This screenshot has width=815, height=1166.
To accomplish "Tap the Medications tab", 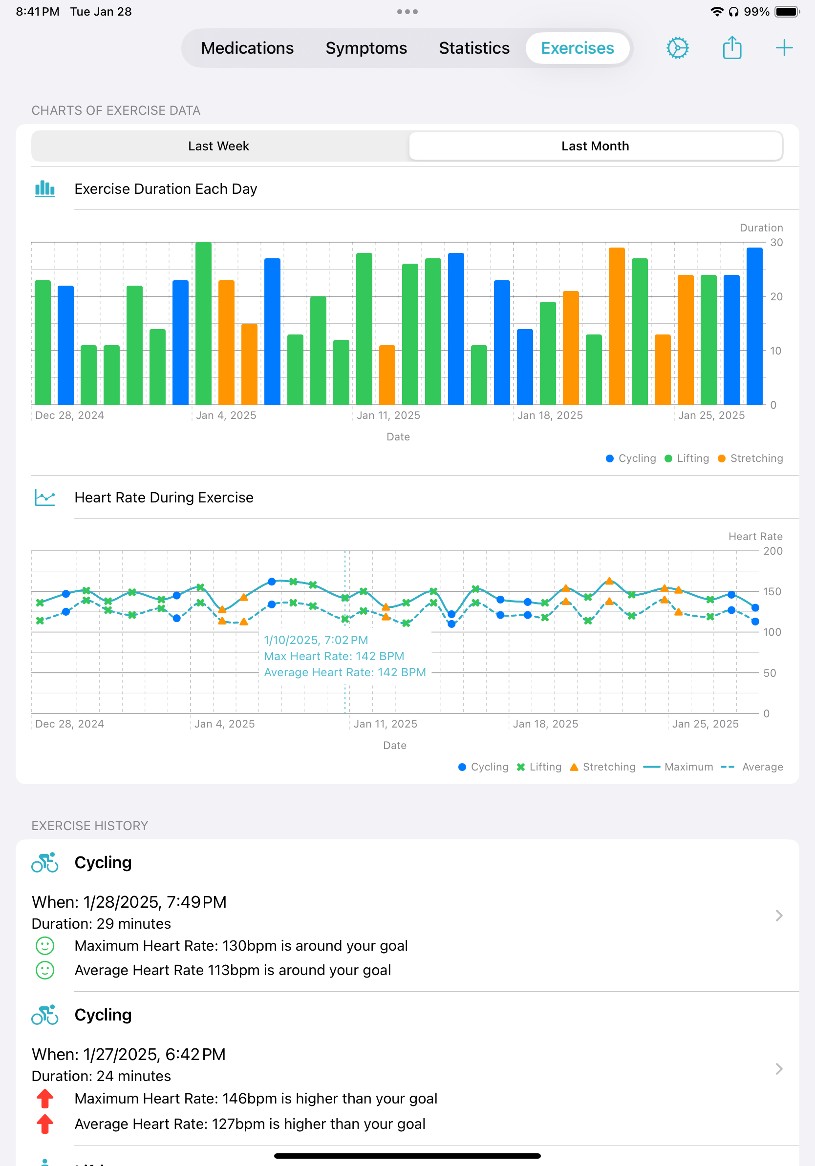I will tap(247, 48).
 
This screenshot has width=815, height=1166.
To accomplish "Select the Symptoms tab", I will tap(366, 48).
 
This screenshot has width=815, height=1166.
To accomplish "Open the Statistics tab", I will tap(473, 48).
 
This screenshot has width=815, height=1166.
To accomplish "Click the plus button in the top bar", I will tap(784, 48).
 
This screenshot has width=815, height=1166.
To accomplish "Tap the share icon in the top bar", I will tap(731, 48).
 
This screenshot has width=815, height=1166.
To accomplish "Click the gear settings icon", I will tap(677, 48).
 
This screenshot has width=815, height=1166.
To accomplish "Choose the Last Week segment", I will tap(218, 146).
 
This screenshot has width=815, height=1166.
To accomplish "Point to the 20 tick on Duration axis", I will tap(776, 296).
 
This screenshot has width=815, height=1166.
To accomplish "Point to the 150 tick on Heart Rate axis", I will tap(772, 592).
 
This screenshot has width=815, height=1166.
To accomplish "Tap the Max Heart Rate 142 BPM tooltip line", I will tap(334, 656).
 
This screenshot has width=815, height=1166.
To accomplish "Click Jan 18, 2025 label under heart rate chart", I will tap(545, 724).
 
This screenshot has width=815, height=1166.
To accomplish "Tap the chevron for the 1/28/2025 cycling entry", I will tap(778, 916).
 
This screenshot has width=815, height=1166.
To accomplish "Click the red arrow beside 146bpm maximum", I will tap(45, 1099).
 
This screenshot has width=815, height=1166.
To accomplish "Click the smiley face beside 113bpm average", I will tap(45, 970).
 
